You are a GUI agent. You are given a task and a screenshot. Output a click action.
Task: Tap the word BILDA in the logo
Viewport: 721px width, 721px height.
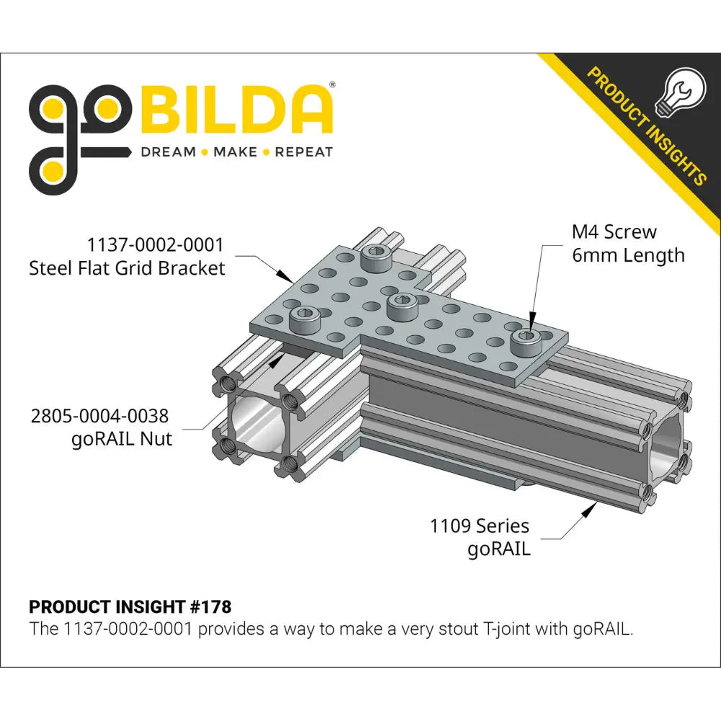tap(236, 110)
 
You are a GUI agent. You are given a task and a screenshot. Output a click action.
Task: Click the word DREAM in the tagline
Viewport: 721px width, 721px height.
tap(168, 152)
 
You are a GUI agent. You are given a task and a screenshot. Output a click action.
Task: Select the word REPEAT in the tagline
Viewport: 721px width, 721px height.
tap(304, 152)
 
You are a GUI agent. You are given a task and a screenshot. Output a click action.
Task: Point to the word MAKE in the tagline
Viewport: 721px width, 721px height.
tap(236, 152)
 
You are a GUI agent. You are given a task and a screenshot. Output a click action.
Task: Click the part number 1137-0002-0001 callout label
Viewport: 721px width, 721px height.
tap(156, 244)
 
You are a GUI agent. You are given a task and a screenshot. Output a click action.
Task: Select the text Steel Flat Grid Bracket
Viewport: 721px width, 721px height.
tap(127, 268)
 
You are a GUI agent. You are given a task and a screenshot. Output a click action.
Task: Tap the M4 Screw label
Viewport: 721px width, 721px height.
tap(614, 232)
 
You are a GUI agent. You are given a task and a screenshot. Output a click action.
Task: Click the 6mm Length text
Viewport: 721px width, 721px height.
tap(628, 256)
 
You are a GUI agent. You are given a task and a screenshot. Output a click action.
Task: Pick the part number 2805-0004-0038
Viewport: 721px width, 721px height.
tap(99, 416)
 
